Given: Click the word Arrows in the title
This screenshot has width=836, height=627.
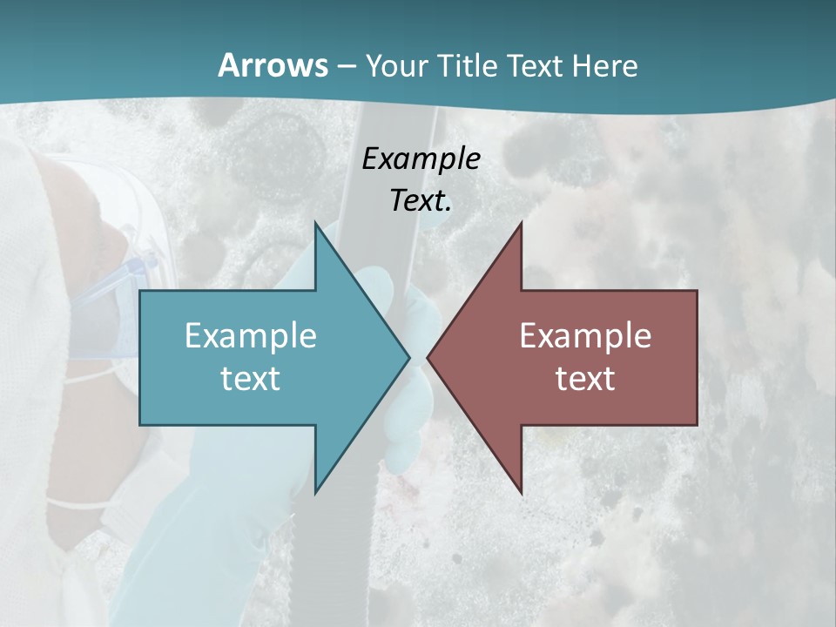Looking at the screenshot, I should tap(273, 65).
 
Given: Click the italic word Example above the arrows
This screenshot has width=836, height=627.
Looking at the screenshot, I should tap(421, 158).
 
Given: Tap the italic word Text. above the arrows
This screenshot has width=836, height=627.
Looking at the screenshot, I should tap(421, 201).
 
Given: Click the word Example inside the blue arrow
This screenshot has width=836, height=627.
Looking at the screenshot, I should tap(251, 336).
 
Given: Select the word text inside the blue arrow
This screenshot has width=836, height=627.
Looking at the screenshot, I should tap(251, 379).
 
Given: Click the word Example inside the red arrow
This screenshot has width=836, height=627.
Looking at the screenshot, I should tap(585, 336).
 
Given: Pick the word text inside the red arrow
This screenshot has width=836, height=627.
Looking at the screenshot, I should tap(585, 379).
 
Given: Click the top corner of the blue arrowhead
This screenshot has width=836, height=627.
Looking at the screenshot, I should tap(316, 223).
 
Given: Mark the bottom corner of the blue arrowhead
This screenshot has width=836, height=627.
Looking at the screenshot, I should tap(316, 492).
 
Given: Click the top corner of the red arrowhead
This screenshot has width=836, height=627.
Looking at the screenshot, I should tap(521, 223).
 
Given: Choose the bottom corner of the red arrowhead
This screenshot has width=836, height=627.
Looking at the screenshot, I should tap(521, 492).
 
